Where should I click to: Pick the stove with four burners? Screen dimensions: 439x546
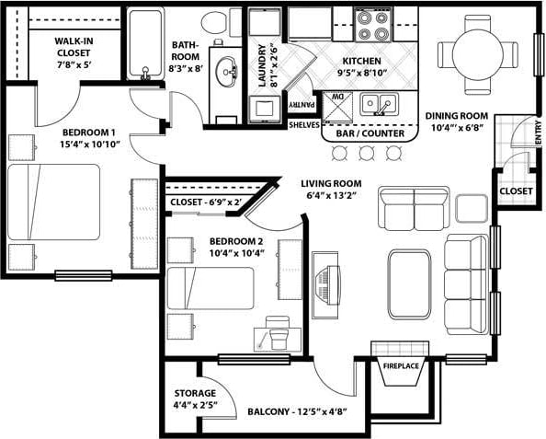(373, 25)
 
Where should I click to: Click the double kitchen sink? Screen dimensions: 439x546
(378, 103)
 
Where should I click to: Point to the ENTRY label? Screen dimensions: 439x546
(538, 134)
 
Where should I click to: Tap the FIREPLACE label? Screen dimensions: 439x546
(401, 366)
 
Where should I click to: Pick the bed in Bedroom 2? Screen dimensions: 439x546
(210, 288)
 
